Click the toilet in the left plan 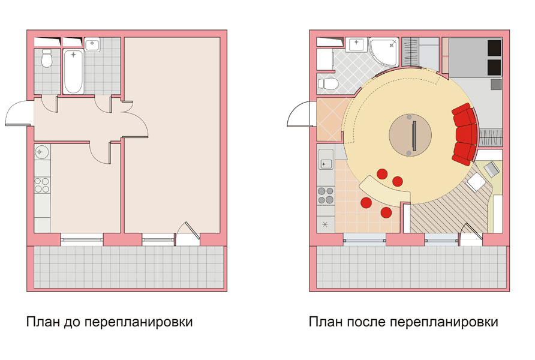[x=46, y=59]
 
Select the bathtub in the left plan [x=73, y=71]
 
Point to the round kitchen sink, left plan [x=42, y=152]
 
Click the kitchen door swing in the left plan [x=101, y=152]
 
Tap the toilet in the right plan [x=327, y=83]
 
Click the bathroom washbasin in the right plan [x=356, y=44]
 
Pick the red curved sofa [x=465, y=133]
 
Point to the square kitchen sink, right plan [x=326, y=162]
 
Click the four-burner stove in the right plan [x=326, y=195]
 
